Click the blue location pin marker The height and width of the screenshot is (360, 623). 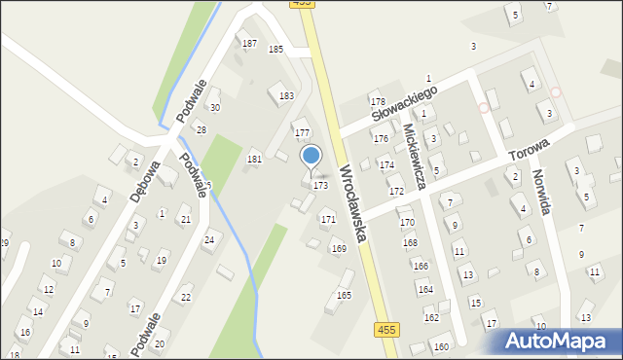click(x=311, y=156)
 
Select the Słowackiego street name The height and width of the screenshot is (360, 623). click(x=404, y=103)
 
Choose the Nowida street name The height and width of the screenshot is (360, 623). click(x=542, y=193)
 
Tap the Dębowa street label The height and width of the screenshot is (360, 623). click(x=146, y=180)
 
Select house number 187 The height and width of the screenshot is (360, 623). click(x=249, y=44)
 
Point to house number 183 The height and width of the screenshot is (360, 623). click(x=286, y=96)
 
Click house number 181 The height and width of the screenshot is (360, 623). click(x=254, y=159)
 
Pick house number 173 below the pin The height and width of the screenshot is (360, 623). click(x=319, y=185)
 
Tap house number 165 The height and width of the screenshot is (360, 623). click(x=344, y=295)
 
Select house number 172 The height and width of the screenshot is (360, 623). click(x=396, y=192)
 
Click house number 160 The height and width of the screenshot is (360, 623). click(x=441, y=346)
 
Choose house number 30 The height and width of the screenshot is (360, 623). click(x=215, y=107)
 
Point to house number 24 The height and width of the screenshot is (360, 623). click(x=208, y=239)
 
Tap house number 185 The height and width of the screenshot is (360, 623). click(x=275, y=49)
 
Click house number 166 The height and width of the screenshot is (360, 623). click(x=420, y=266)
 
